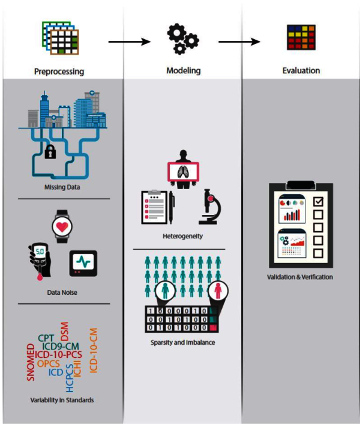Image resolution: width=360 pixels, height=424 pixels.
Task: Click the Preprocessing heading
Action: coord(58,72)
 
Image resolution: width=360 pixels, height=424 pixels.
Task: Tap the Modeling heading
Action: coord(183,71)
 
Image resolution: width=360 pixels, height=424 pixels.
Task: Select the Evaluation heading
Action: coord(301,71)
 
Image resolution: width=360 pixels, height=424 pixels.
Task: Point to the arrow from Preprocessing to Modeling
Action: coord(128,41)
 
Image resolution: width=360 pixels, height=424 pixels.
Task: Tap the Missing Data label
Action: coord(62,187)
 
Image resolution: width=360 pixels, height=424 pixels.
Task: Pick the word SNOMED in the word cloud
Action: coord(31,363)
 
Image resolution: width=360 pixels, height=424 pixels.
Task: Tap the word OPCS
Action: coord(49,363)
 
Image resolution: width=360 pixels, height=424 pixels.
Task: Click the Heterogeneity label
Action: coord(182,236)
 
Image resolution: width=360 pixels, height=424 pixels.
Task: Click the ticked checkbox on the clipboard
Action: coord(319,201)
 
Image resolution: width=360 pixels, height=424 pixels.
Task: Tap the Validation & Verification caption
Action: coord(299,277)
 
